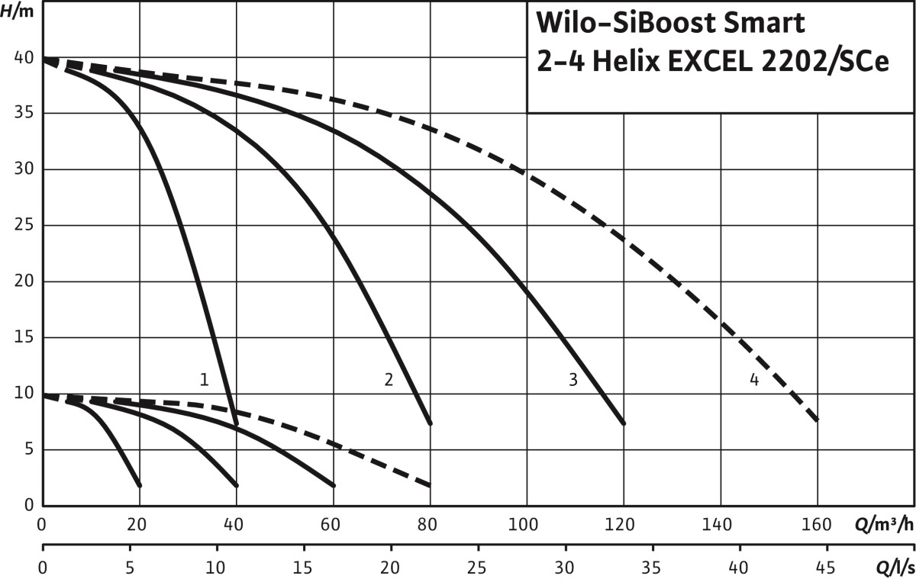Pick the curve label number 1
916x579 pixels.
click(x=204, y=379)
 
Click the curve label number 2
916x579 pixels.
click(x=389, y=379)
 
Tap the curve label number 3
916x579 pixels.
click(x=572, y=379)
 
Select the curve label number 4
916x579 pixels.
click(x=754, y=379)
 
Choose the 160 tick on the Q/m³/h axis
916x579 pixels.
click(x=818, y=525)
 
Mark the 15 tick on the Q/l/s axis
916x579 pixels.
click(x=305, y=568)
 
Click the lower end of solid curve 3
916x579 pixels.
click(x=624, y=423)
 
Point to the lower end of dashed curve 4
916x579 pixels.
click(x=818, y=420)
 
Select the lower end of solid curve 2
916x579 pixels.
click(x=431, y=423)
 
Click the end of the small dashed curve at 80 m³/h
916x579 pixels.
click(x=431, y=485)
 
